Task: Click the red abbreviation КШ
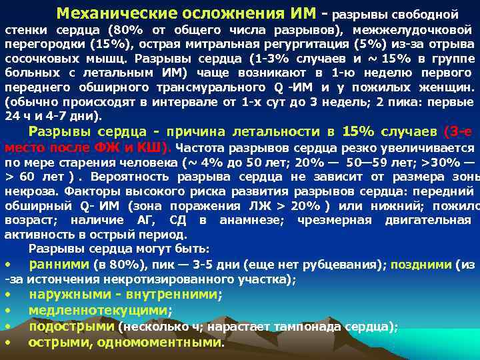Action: [x=155, y=147]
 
